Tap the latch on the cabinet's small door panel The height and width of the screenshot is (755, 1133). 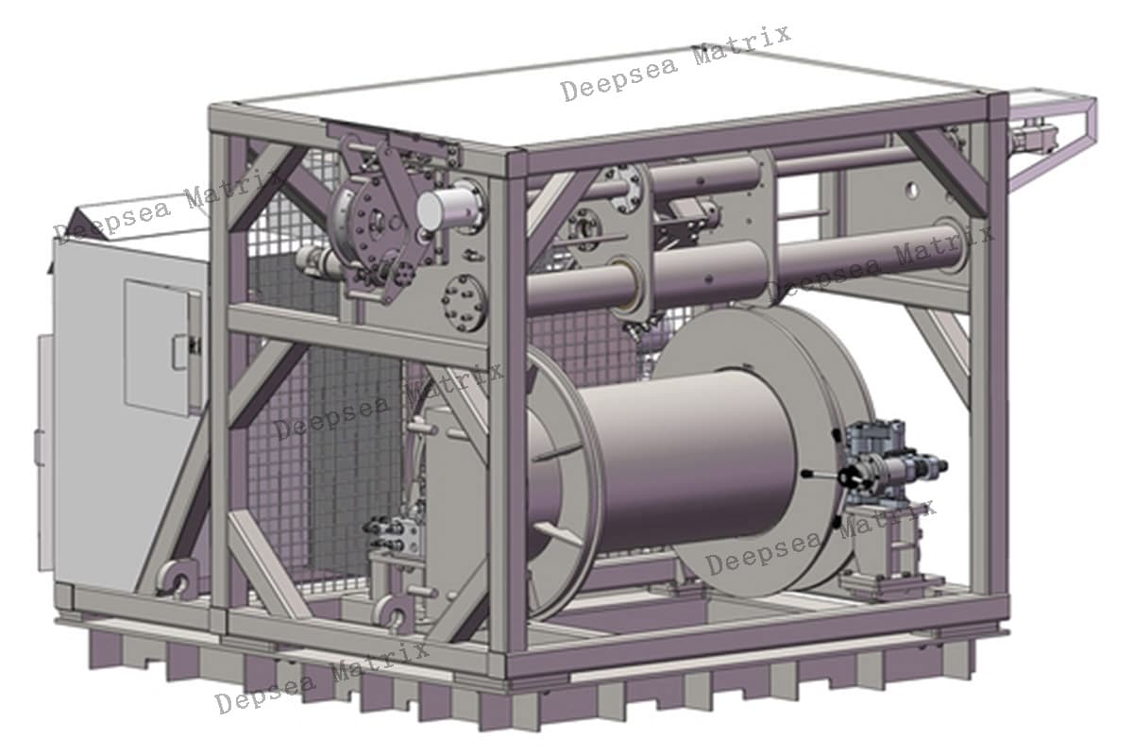point(182,352)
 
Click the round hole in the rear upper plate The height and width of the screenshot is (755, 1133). point(911,191)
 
